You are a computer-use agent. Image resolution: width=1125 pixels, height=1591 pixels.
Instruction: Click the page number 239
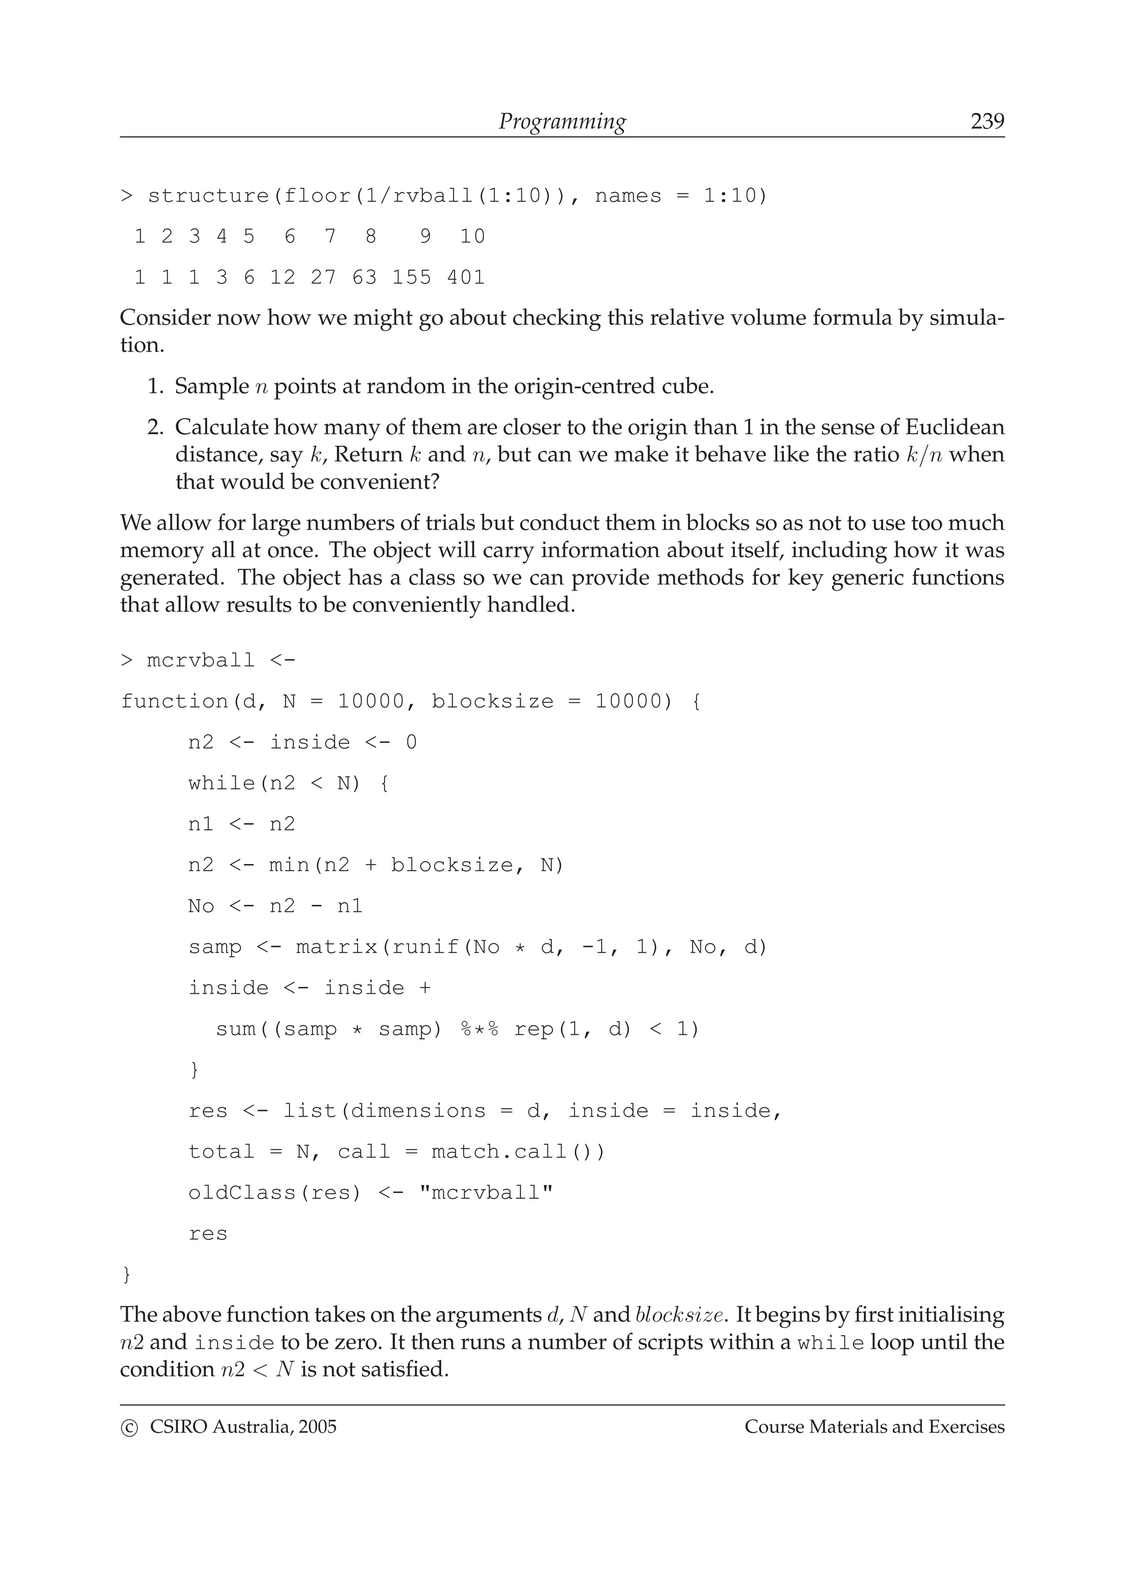coord(987,121)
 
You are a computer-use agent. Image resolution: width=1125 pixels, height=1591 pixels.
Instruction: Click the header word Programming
coord(562,122)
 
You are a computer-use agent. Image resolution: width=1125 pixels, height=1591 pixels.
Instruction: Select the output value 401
coord(466,277)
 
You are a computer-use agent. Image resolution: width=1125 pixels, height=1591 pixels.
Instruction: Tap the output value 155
coord(412,277)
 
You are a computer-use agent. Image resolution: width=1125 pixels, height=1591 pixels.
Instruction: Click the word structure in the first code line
coord(208,196)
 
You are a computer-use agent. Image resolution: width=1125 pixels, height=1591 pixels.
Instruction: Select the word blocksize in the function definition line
coord(493,701)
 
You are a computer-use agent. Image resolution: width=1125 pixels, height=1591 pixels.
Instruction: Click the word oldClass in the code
coord(242,1192)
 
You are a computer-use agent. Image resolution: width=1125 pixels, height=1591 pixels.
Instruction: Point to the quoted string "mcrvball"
coord(487,1192)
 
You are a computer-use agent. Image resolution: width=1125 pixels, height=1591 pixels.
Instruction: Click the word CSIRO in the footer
coord(178,1427)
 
